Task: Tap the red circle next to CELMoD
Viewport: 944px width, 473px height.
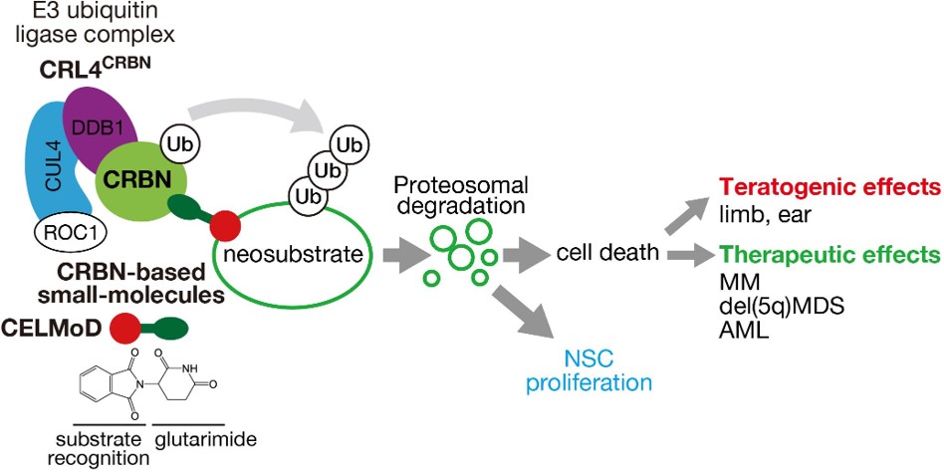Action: tap(125, 327)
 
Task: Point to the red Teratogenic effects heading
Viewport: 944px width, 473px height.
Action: tap(829, 187)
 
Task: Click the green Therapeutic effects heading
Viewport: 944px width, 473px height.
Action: tap(829, 253)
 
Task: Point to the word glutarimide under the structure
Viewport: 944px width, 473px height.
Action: tap(198, 440)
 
